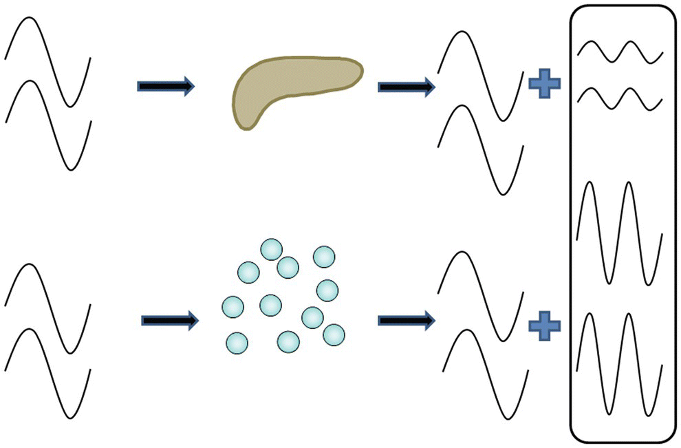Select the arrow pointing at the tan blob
point(166,86)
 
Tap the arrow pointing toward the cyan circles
point(169,320)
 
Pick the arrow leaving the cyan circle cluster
point(406,320)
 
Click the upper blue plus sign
point(544,84)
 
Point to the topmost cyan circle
point(271,250)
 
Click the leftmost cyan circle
point(233,306)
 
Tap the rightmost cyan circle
point(334,334)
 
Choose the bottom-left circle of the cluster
point(237,342)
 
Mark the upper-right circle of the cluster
point(324,257)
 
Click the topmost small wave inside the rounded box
point(620,52)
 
